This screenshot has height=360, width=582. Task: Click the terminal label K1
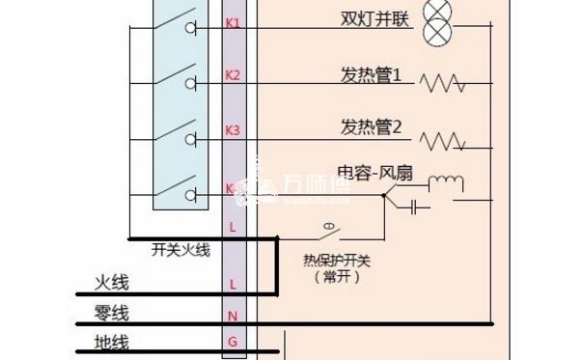point(232,22)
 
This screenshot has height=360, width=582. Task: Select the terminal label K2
point(232,75)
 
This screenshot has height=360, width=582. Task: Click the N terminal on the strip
point(232,316)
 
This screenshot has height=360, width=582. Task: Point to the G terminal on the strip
point(232,342)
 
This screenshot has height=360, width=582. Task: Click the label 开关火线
point(180,249)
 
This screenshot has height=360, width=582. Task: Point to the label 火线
point(111,282)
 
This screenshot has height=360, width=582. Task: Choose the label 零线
point(111,314)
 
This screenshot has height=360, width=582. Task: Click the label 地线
point(111,342)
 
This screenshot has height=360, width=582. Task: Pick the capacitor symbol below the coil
point(416,206)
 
